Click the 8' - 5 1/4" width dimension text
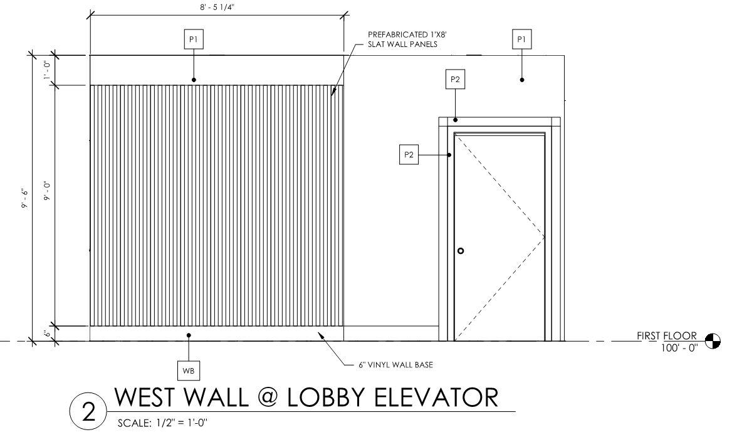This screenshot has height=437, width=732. click(x=216, y=6)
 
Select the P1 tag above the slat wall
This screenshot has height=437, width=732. click(x=194, y=39)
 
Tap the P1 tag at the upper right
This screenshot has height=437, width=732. click(x=521, y=39)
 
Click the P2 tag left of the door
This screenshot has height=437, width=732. click(x=409, y=155)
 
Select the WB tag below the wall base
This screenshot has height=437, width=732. click(x=189, y=371)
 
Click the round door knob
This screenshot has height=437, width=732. click(x=461, y=251)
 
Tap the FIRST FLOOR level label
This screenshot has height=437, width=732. click(x=667, y=336)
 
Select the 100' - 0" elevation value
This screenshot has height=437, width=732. click(x=679, y=347)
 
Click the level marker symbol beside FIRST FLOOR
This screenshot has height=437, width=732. click(x=713, y=341)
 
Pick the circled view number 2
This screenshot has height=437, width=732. click(x=89, y=413)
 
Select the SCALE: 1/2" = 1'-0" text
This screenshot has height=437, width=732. click(x=162, y=423)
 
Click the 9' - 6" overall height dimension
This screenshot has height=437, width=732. click(x=26, y=199)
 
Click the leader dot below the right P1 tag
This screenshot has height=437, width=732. click(x=521, y=80)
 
